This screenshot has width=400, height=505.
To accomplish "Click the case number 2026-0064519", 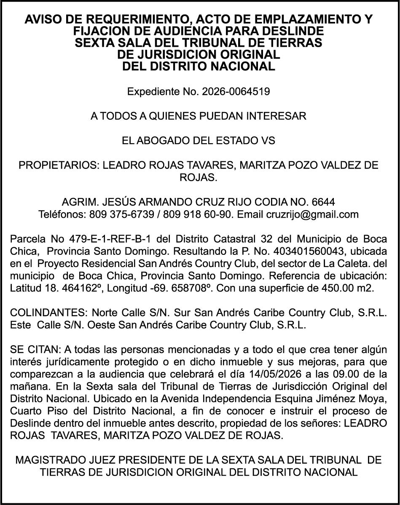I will [236, 91].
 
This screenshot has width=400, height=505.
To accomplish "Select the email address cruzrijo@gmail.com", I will [312, 214].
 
